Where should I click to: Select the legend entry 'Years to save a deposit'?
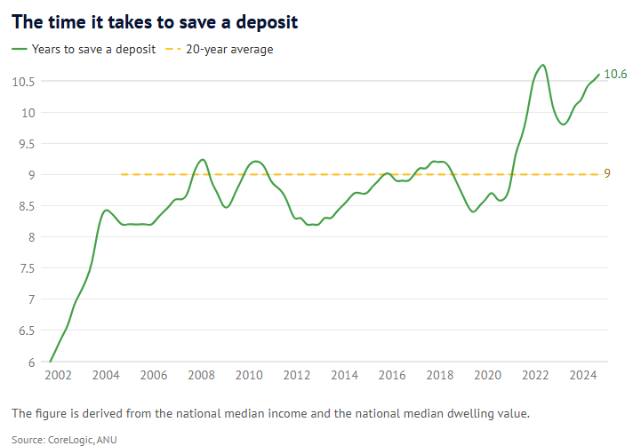click(x=84, y=50)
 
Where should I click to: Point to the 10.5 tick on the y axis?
click(x=23, y=82)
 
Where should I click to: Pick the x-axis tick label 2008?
click(x=201, y=376)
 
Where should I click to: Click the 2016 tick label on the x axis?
click(x=392, y=376)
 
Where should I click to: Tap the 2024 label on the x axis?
click(x=584, y=376)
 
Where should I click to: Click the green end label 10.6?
click(x=615, y=75)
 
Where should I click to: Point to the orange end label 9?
click(x=607, y=174)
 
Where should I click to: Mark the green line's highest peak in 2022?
click(x=542, y=65)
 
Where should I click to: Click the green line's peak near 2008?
click(x=203, y=160)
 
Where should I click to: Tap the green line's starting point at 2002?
click(x=50, y=362)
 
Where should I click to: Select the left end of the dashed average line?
click(x=121, y=174)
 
